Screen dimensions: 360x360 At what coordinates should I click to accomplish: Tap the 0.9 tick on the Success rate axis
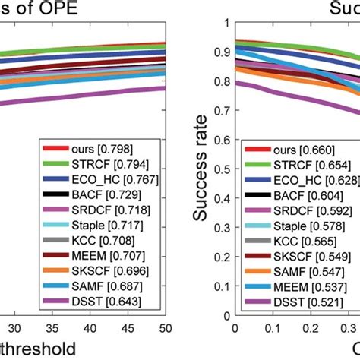[220, 52]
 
